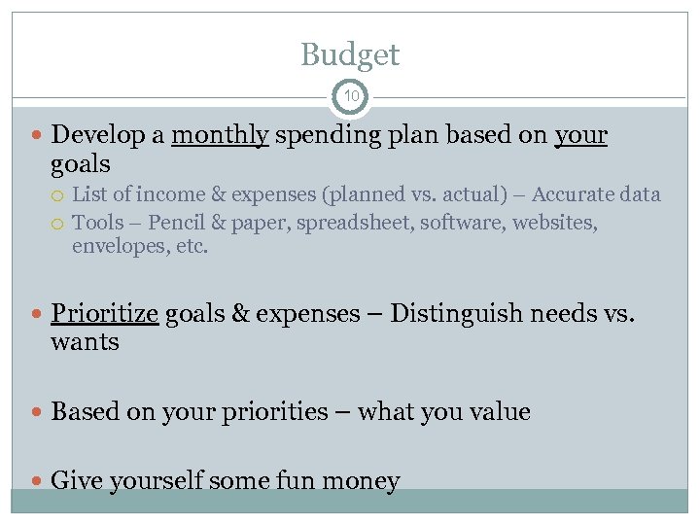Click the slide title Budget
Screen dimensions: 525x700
pyautogui.click(x=350, y=54)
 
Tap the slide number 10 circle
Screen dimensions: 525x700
pyautogui.click(x=350, y=97)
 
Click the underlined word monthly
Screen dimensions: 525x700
pyautogui.click(x=220, y=136)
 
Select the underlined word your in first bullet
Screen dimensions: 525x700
pyautogui.click(x=580, y=136)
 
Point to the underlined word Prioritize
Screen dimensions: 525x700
pyautogui.click(x=104, y=314)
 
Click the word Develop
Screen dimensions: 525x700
pyautogui.click(x=95, y=136)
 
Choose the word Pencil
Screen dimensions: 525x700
pyautogui.click(x=182, y=223)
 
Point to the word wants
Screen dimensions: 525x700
pyautogui.click(x=85, y=342)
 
